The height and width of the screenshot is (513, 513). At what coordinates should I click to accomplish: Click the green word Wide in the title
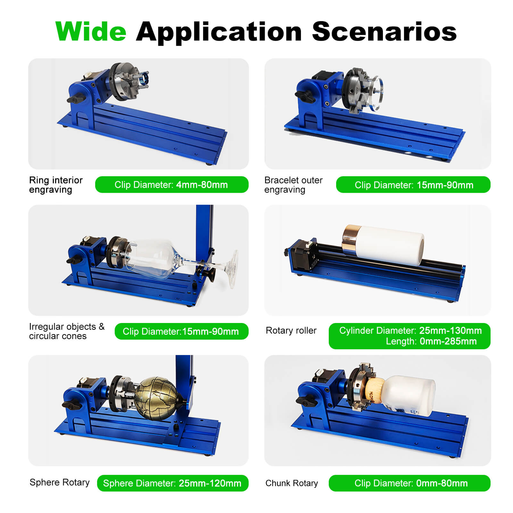[x=91, y=31]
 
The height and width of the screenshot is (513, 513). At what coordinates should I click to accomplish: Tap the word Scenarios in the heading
[x=384, y=31]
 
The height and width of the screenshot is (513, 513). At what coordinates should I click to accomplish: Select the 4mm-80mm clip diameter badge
[x=172, y=185]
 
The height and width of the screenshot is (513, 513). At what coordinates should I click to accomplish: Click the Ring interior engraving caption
[x=56, y=185]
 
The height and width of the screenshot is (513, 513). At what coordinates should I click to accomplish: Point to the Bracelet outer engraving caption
[x=293, y=185]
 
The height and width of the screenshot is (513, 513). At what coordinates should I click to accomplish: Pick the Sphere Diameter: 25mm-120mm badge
[x=173, y=483]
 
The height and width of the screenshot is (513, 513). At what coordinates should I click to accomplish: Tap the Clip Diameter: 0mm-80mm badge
[x=410, y=483]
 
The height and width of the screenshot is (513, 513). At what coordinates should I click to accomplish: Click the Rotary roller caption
[x=291, y=330]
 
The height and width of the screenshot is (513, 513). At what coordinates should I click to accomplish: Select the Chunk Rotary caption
[x=292, y=483]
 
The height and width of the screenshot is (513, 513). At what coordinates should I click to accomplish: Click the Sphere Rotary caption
[x=60, y=482]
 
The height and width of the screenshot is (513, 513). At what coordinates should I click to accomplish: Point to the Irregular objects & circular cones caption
[x=67, y=331]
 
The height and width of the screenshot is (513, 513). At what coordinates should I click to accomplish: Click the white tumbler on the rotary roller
[x=383, y=245]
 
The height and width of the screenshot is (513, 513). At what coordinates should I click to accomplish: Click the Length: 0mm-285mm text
[x=431, y=342]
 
